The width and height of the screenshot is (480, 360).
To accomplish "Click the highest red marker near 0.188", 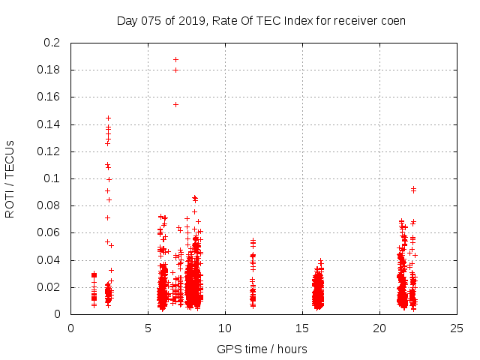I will [175, 59].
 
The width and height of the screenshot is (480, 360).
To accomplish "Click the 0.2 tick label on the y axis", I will [53, 43].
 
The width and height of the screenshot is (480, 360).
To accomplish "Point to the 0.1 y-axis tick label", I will [53, 178].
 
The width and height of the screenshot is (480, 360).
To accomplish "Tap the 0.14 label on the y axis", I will [50, 124].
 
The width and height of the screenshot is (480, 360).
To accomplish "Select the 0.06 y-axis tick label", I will [50, 233].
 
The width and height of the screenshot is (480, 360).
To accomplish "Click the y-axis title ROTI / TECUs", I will [10, 178].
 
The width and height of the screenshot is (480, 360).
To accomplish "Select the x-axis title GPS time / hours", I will [262, 349].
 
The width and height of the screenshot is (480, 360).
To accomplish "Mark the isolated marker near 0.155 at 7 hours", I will [175, 104].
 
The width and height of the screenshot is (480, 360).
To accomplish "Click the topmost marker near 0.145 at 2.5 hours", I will [108, 118].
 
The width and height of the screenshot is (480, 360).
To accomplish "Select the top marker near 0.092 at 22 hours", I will [413, 189].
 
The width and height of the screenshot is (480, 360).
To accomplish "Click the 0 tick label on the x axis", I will [71, 328].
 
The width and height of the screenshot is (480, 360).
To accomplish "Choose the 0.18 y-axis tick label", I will [50, 70].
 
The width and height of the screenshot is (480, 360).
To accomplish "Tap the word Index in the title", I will [299, 20].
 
